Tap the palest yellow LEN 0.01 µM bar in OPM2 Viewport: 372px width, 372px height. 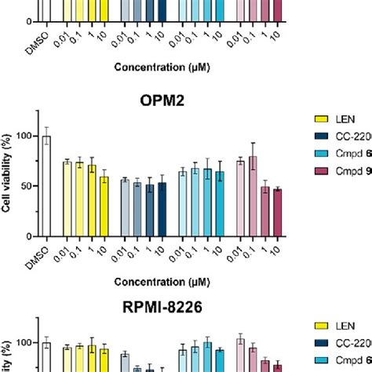(x=67, y=199)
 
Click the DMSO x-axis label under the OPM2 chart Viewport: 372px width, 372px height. (x=46, y=250)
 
